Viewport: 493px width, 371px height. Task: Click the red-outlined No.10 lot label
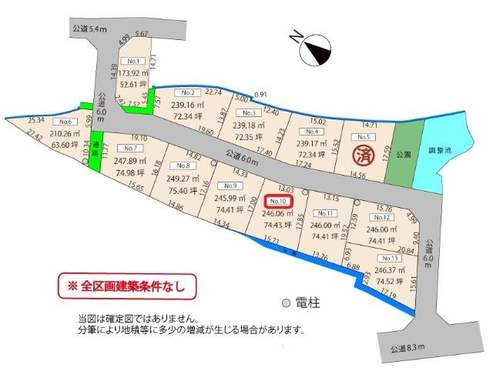pos(278,201)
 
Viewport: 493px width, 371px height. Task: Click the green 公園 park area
pos(400,154)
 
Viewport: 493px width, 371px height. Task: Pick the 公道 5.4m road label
pos(85,29)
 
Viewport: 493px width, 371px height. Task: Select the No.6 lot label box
pos(65,122)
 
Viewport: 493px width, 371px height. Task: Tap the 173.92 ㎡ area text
pos(134,72)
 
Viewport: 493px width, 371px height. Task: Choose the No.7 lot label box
pos(129,148)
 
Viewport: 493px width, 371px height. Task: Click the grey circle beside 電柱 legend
pos(286,302)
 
